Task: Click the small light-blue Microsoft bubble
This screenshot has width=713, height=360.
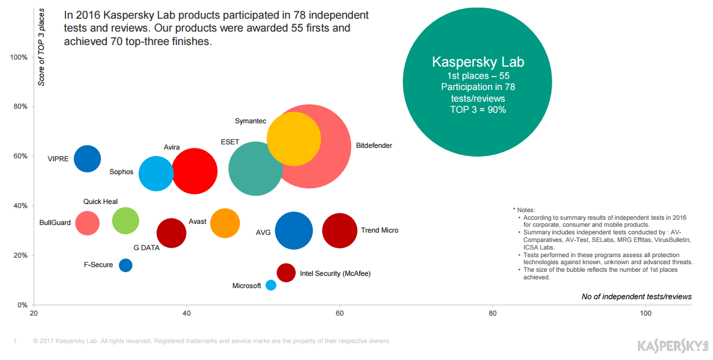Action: tap(271, 285)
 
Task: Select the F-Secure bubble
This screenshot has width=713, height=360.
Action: tap(126, 265)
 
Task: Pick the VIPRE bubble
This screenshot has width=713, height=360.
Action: tap(87, 158)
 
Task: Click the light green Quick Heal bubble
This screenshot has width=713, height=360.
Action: tap(125, 220)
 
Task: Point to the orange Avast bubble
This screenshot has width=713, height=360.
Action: tap(225, 223)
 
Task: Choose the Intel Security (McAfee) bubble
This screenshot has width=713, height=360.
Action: tap(286, 272)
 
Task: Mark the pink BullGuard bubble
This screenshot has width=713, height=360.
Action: tap(88, 223)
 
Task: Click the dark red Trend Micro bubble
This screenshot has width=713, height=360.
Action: tap(340, 230)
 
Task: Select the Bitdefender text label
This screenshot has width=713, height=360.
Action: tap(374, 146)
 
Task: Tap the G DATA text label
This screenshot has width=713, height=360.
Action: tap(147, 248)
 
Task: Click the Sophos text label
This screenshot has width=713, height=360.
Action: tap(122, 172)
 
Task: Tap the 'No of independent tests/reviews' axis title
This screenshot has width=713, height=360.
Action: tap(636, 297)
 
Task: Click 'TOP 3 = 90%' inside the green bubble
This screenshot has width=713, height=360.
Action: tap(477, 109)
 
